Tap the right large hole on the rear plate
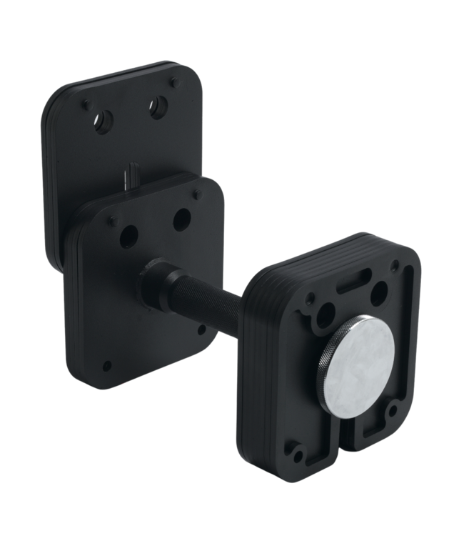[x=158, y=108]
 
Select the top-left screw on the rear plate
[x=85, y=104]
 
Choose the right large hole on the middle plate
[x=182, y=219]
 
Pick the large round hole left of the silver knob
[x=328, y=314]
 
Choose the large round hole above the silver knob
[x=379, y=291]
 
